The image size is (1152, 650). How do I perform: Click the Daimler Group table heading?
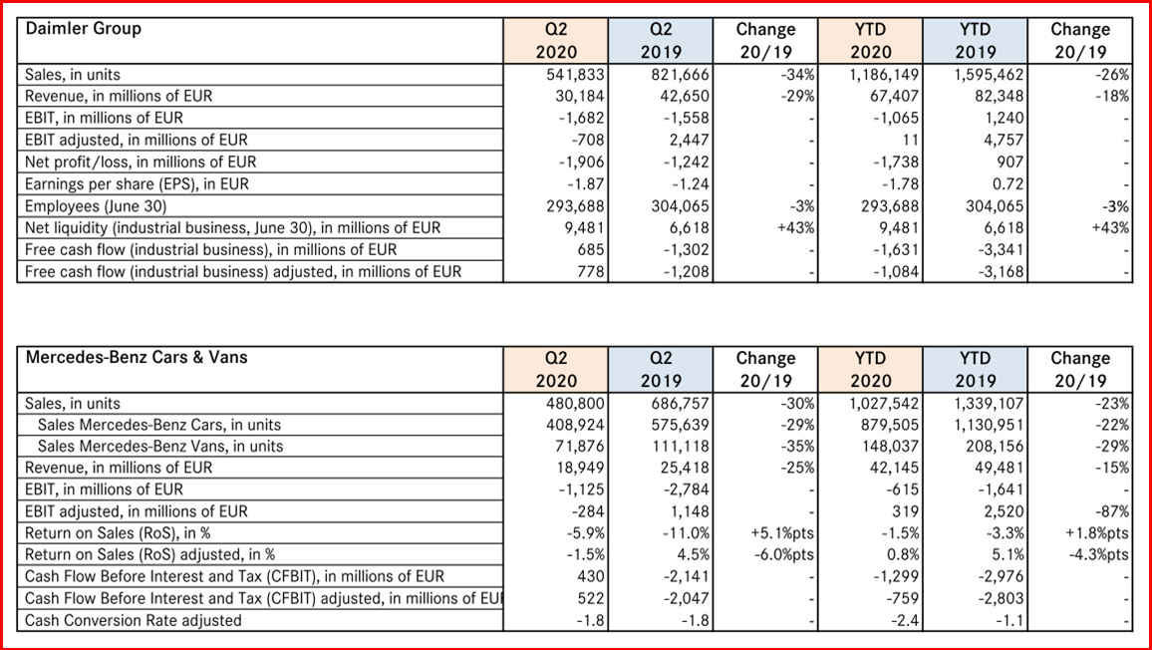tap(83, 29)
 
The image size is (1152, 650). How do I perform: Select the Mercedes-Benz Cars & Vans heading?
tap(137, 358)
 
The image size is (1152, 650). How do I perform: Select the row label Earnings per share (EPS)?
tap(137, 184)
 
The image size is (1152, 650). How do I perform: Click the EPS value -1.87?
tap(579, 184)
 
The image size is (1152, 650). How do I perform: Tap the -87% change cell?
tap(1111, 511)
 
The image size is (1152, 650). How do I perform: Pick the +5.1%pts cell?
tap(782, 533)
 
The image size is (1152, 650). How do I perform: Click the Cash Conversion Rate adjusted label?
tap(133, 620)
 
